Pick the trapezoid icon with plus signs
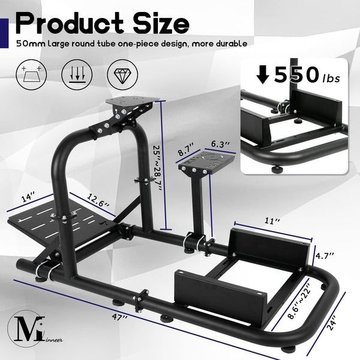pyautogui.click(x=32, y=75)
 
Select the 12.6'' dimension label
pyautogui.click(x=96, y=199)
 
